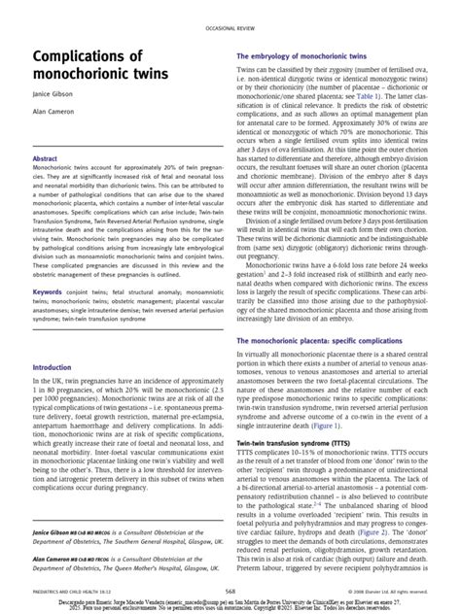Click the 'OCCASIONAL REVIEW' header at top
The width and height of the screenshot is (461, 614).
point(230,30)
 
